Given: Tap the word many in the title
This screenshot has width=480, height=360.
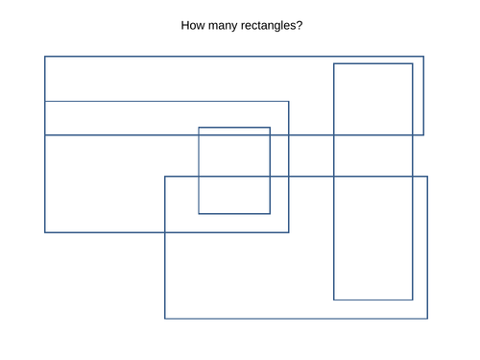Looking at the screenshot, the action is pyautogui.click(x=227, y=24).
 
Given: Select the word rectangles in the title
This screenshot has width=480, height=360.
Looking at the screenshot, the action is pyautogui.click(x=273, y=24).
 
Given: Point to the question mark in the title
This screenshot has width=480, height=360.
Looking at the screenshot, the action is pyautogui.click(x=300, y=24).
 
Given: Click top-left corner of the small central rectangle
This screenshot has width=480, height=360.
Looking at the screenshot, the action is pyautogui.click(x=199, y=128).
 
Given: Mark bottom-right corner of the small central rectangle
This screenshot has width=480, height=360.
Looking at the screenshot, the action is pyautogui.click(x=270, y=213).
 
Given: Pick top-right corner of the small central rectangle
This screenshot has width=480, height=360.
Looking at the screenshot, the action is pyautogui.click(x=270, y=128).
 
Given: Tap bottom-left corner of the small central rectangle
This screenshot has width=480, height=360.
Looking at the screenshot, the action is pyautogui.click(x=199, y=213).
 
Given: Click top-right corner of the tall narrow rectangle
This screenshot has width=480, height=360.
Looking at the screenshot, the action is pyautogui.click(x=413, y=63).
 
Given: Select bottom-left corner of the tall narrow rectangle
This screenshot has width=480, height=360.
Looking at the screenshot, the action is pyautogui.click(x=334, y=300).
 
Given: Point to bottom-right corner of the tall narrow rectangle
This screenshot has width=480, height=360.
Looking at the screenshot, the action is pyautogui.click(x=413, y=300).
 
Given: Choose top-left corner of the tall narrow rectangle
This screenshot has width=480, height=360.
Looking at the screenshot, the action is pyautogui.click(x=334, y=63).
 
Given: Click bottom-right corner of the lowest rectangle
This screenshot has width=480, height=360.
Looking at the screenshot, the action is pyautogui.click(x=427, y=318).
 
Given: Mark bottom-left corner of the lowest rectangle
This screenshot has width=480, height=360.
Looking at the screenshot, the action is pyautogui.click(x=165, y=318).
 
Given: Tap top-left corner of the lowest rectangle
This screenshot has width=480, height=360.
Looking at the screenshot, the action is pyautogui.click(x=165, y=177).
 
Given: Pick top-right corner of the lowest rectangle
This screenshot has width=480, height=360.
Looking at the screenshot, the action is pyautogui.click(x=427, y=177).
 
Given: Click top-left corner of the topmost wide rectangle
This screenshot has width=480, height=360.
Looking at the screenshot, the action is pyautogui.click(x=45, y=57).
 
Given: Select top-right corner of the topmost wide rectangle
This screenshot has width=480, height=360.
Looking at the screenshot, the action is pyautogui.click(x=423, y=57).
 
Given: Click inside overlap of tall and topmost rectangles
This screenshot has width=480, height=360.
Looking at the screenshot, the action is pyautogui.click(x=373, y=99).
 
